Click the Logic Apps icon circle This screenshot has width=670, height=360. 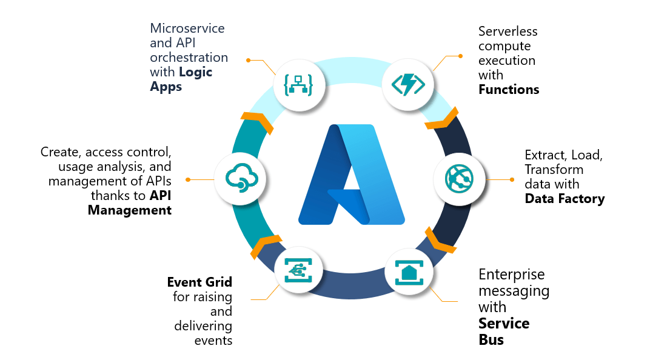pyautogui.click(x=299, y=85)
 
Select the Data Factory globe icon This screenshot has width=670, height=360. pyautogui.click(x=459, y=179)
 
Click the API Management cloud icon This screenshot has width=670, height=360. pyautogui.click(x=241, y=179)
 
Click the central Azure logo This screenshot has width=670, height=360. pyautogui.click(x=351, y=175)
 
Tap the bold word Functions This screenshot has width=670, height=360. pyautogui.click(x=508, y=90)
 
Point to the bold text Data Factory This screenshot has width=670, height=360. pyautogui.click(x=564, y=199)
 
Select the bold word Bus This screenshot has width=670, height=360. pyautogui.click(x=491, y=339)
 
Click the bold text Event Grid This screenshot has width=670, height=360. pyautogui.click(x=199, y=282)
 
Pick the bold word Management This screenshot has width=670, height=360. pyautogui.click(x=130, y=210)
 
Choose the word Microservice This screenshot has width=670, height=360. pyautogui.click(x=187, y=28)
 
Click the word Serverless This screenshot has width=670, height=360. pyautogui.click(x=508, y=31)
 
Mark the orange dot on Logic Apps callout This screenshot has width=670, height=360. pyautogui.click(x=248, y=60)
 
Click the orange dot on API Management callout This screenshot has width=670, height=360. pyautogui.click(x=188, y=179)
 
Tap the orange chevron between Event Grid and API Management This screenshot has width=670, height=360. pyautogui.click(x=266, y=245)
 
